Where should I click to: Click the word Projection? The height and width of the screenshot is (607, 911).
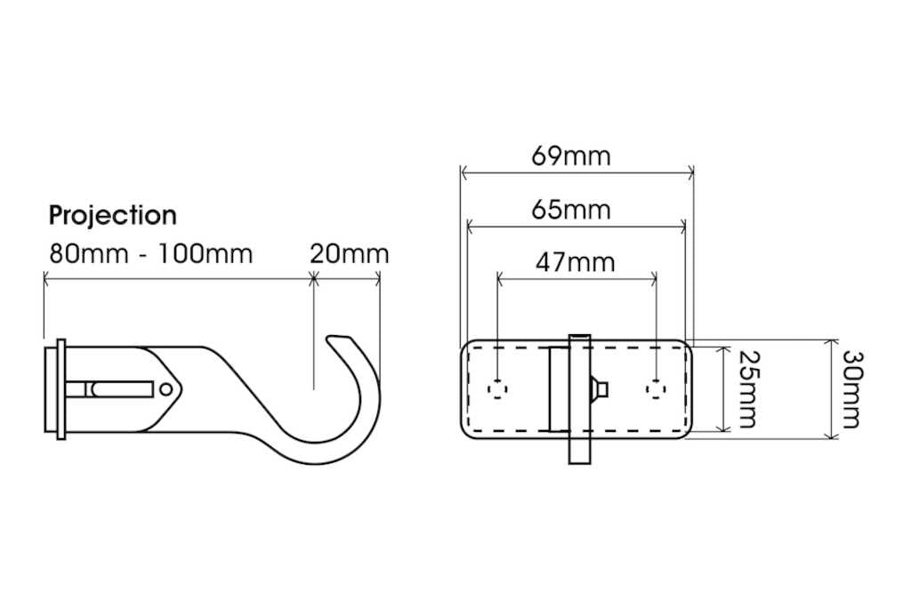(x=112, y=216)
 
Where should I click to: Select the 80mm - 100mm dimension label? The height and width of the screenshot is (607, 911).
(x=149, y=254)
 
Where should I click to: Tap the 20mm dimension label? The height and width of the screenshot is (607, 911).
(x=349, y=254)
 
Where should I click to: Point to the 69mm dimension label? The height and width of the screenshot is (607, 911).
(x=571, y=156)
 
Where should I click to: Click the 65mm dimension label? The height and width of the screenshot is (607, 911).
(x=571, y=211)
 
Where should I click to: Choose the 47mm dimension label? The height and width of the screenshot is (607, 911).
(x=575, y=263)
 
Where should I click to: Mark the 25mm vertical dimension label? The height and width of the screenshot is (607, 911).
(x=746, y=388)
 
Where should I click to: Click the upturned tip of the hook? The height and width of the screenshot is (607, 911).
(x=336, y=340)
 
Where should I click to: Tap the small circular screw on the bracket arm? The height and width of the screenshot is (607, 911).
(x=166, y=388)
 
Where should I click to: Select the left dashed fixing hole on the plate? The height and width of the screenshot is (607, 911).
(x=498, y=388)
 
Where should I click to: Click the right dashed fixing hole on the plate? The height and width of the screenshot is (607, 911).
(x=656, y=388)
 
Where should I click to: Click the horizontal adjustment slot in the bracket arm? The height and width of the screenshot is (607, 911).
(x=116, y=388)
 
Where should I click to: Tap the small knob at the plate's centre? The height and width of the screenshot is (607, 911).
(x=601, y=388)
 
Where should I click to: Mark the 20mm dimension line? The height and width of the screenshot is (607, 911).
(x=347, y=278)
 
